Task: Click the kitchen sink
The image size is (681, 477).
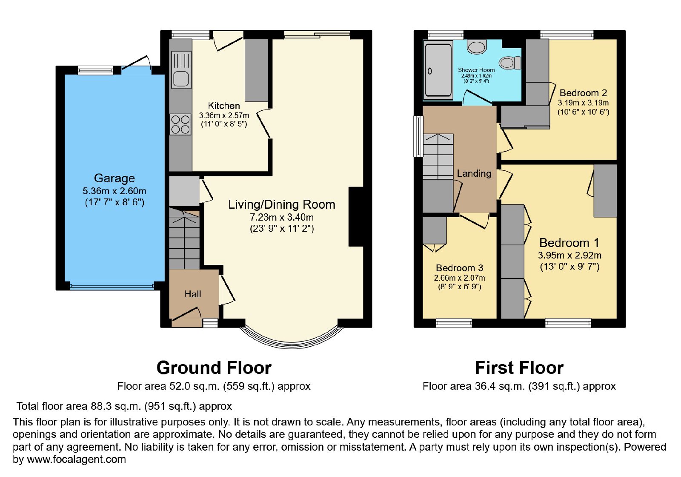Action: (181, 70)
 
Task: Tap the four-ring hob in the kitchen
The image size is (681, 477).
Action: (180, 124)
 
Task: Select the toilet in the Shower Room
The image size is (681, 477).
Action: (510, 63)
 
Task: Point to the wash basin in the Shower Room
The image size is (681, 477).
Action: (477, 47)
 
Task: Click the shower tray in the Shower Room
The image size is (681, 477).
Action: (438, 71)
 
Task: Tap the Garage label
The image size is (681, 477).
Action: (114, 178)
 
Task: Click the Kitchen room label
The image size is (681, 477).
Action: (224, 106)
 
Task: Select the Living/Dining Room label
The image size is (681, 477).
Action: (282, 204)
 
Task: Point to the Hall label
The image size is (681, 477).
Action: (193, 294)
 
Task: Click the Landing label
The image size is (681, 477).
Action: (474, 173)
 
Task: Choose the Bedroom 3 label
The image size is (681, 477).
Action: (459, 268)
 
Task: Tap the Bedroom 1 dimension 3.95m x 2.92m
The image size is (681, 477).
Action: (569, 255)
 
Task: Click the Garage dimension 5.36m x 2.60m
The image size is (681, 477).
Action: (114, 191)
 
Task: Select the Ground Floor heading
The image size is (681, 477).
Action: (214, 368)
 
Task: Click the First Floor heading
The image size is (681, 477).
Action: (519, 368)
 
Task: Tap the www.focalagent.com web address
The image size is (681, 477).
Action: (76, 459)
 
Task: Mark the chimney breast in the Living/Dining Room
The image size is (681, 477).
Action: (356, 217)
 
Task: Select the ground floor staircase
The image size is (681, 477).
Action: (184, 238)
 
